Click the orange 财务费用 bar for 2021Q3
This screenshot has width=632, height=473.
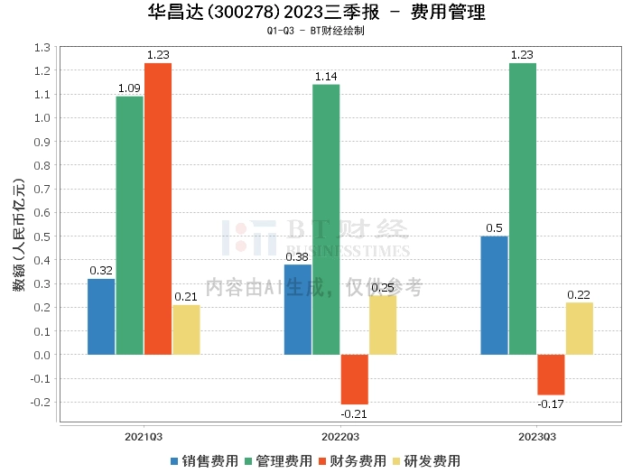(x=158, y=209)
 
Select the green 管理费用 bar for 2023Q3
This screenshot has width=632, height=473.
(x=522, y=209)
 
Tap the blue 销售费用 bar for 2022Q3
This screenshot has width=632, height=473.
(x=298, y=309)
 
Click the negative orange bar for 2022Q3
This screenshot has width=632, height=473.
(x=354, y=379)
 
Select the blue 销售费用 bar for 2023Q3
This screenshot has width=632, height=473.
(x=494, y=295)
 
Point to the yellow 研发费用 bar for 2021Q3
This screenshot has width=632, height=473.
(x=186, y=329)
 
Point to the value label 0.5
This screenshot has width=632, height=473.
(x=494, y=228)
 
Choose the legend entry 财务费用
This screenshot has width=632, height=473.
(x=353, y=460)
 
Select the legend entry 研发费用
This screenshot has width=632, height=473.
(x=428, y=460)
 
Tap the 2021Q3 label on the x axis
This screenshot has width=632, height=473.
(x=144, y=436)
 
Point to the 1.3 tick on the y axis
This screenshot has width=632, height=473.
(x=42, y=47)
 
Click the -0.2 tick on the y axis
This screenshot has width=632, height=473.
(x=40, y=402)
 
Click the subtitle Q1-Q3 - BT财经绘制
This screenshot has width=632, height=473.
(x=316, y=31)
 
